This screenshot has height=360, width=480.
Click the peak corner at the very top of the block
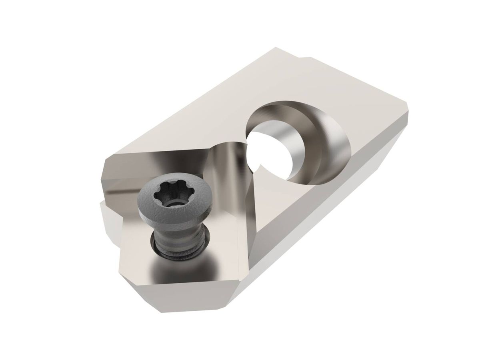click(x=275, y=49)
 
